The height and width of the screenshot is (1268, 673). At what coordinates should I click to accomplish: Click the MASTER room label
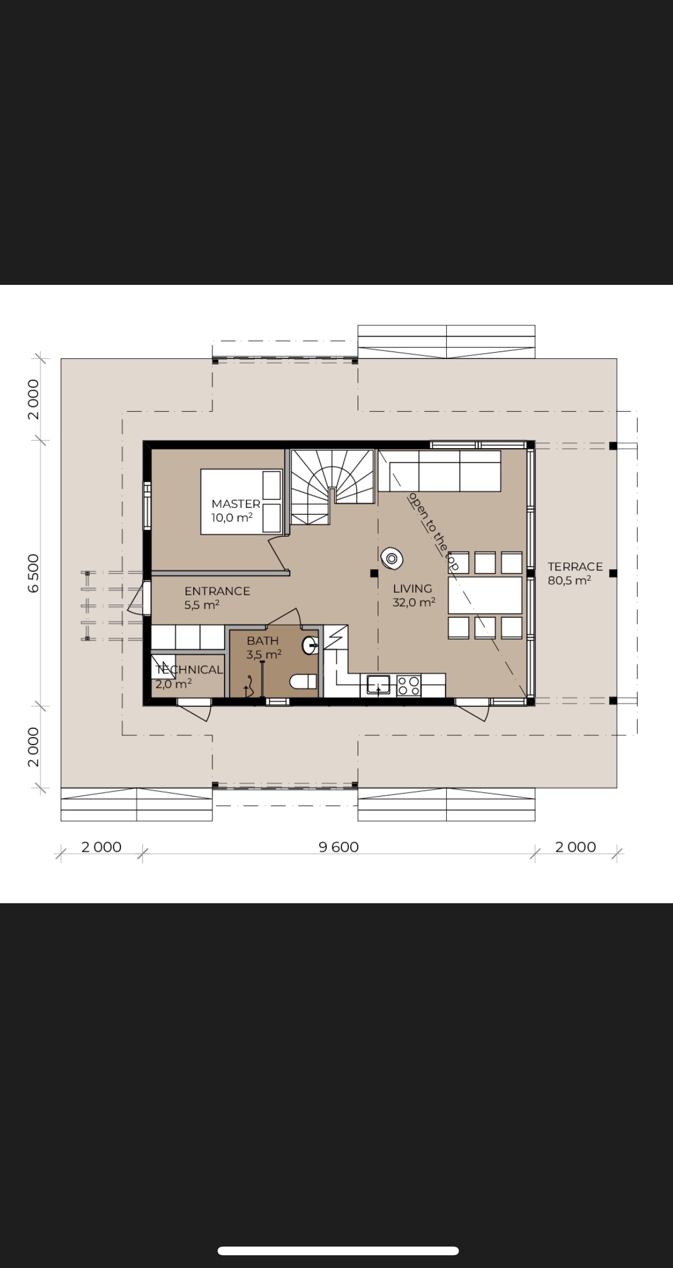click(x=236, y=504)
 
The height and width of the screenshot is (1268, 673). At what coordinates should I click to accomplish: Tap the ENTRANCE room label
click(x=217, y=591)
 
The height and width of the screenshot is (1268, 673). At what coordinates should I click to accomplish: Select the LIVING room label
click(x=413, y=588)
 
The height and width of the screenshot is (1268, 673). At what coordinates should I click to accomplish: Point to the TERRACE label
click(x=575, y=566)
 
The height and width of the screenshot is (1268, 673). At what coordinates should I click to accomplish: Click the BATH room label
click(x=263, y=640)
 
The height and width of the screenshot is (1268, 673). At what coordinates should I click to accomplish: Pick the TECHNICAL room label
click(x=189, y=669)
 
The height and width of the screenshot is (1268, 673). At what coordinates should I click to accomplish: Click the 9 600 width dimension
click(x=339, y=847)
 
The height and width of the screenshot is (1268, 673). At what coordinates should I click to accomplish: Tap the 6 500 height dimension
click(x=34, y=573)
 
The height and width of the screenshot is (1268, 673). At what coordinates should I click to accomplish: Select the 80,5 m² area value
click(x=569, y=580)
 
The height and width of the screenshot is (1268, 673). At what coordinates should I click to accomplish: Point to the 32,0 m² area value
click(x=414, y=602)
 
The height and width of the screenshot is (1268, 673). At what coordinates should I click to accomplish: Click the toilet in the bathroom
click(x=303, y=681)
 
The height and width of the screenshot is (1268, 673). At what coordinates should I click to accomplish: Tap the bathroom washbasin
click(x=310, y=644)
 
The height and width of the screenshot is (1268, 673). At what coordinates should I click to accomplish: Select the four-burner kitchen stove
click(x=409, y=686)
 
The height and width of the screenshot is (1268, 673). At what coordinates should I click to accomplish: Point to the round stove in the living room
click(x=392, y=558)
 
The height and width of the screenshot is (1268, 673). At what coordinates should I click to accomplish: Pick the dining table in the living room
click(x=485, y=595)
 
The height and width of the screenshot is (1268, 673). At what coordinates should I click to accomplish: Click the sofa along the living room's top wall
click(x=440, y=471)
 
